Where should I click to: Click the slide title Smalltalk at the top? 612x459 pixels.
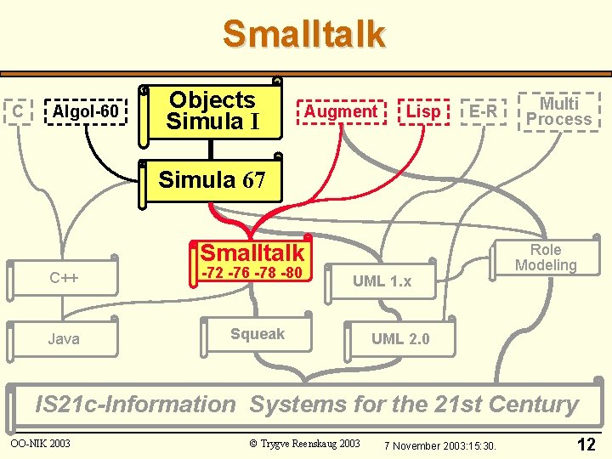click(x=304, y=35)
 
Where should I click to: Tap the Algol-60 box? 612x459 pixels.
click(x=85, y=111)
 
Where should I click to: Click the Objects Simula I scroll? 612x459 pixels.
click(x=212, y=110)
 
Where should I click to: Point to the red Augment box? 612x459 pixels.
click(x=340, y=111)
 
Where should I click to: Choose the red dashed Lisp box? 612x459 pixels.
click(x=423, y=111)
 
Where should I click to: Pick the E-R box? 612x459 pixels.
click(x=483, y=111)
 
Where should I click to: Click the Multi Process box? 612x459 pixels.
click(x=558, y=111)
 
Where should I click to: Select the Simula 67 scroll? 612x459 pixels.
click(x=212, y=180)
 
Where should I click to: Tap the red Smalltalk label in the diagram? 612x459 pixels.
click(x=252, y=252)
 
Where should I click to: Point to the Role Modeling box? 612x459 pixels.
click(x=546, y=258)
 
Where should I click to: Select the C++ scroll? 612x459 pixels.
click(x=64, y=277)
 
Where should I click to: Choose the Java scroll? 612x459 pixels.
click(x=64, y=339)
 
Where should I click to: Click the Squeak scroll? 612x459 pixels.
click(x=257, y=334)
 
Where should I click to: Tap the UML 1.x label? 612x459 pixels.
click(x=382, y=281)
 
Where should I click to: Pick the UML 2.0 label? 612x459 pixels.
click(x=400, y=339)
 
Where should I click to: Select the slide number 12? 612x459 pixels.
click(x=586, y=444)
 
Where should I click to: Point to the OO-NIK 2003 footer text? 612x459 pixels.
click(x=40, y=443)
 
